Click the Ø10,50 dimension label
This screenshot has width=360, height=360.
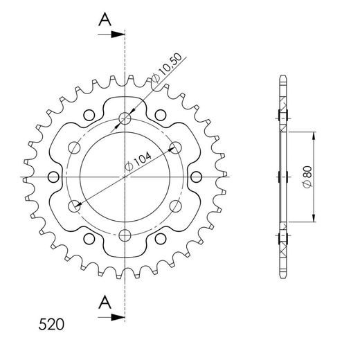coord(167,67)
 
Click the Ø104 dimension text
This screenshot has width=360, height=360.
coord(138,161)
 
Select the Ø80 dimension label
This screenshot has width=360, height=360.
coord(307,177)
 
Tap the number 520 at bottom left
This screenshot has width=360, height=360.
coord(51,324)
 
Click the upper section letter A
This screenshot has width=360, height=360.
coord(105,19)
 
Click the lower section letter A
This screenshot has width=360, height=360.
coord(105,303)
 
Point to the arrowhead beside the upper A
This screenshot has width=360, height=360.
coord(118,35)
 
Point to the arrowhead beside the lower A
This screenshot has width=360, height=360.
coord(118,317)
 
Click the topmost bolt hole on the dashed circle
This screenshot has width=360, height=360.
coord(125,118)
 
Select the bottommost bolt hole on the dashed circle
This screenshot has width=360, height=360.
coord(125,235)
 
